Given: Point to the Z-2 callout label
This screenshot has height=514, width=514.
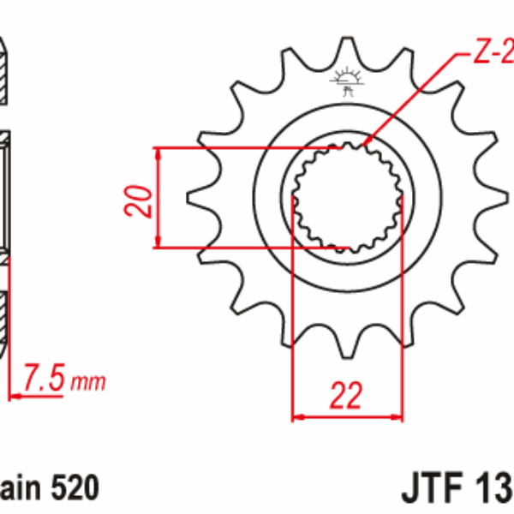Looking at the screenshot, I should click(x=492, y=55).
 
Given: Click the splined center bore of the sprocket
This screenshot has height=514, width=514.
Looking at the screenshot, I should click(x=348, y=197).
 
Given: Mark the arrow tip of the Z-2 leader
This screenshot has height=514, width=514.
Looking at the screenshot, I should click(x=366, y=142).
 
